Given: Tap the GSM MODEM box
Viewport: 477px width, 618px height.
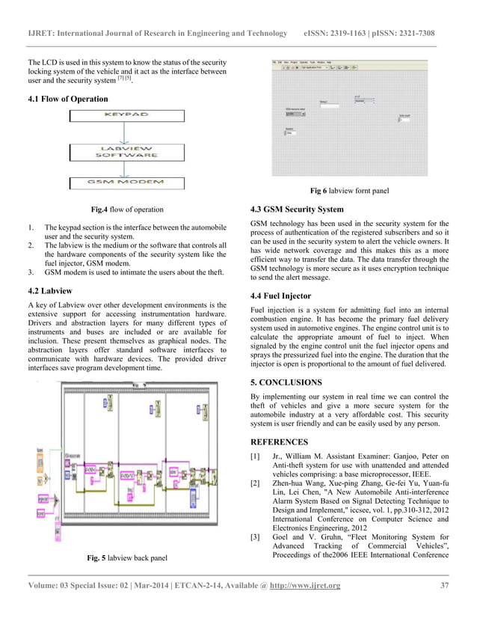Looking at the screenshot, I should point(126,183).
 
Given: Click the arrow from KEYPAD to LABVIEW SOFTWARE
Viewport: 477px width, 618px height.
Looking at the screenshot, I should point(127,134).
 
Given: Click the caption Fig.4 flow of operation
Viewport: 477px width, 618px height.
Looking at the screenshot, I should point(126,209).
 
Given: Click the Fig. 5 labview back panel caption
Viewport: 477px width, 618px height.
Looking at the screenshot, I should point(127,557).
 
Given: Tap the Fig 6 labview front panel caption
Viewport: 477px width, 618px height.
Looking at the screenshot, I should point(349,191).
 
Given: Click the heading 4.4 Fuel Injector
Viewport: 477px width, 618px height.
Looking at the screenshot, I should point(280,296).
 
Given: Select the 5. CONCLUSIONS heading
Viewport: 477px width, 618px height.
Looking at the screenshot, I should point(286,382).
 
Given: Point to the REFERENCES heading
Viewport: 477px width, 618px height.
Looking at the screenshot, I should point(279,441).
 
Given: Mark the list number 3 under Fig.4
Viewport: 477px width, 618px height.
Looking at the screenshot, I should point(30,273).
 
